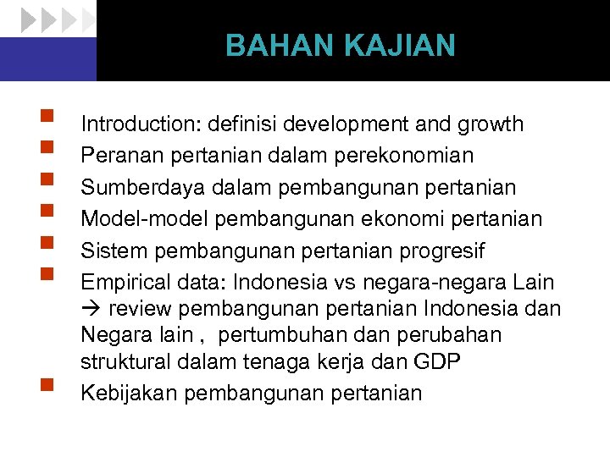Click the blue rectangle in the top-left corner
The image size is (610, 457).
pos(48,58)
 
